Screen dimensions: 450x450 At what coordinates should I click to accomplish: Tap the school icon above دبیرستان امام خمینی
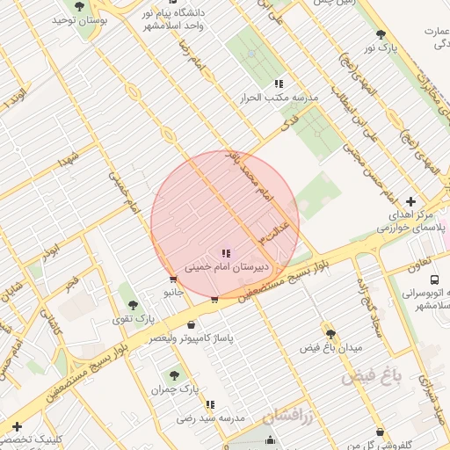(226, 253)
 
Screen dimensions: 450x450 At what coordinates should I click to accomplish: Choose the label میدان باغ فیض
(330, 347)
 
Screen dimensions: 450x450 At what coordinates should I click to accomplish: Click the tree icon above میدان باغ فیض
(330, 334)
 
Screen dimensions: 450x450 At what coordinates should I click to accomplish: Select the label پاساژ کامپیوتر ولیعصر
(191, 337)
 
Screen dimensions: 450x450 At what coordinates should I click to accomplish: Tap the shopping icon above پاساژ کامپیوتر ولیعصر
(191, 324)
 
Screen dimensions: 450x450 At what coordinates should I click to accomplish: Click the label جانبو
(173, 291)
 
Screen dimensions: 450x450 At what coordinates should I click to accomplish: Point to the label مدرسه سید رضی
(210, 417)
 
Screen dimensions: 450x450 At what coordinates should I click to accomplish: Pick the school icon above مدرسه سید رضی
(210, 404)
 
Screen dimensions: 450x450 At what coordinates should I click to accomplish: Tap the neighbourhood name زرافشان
(280, 417)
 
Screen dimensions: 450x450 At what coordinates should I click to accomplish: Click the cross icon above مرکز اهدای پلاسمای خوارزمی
(410, 201)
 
